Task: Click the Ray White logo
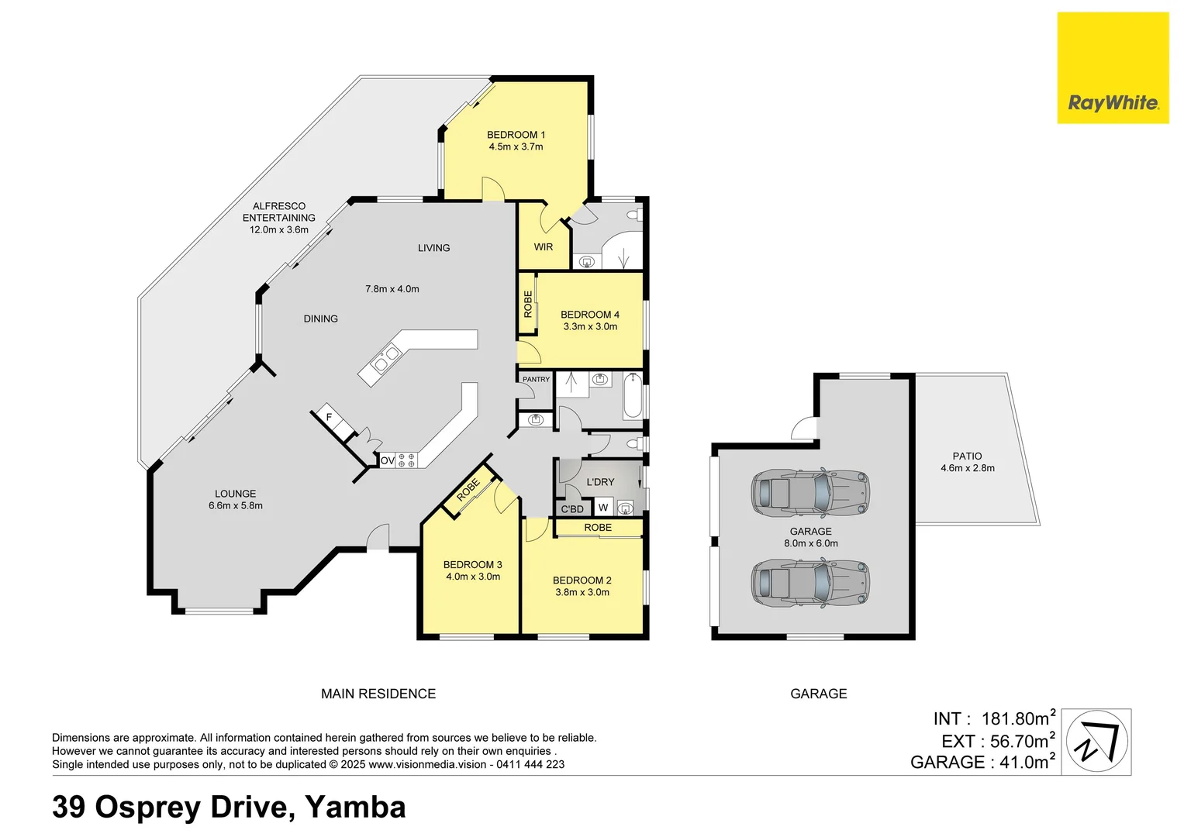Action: pos(1113,68)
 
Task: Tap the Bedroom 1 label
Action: pos(516,135)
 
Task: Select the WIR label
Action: pos(544,247)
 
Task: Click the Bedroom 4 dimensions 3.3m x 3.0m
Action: pos(590,327)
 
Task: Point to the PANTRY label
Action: pos(536,380)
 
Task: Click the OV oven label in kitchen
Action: pos(387,460)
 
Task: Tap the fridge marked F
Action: pos(329,418)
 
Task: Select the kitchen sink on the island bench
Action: pos(384,359)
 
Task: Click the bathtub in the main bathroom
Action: pos(633,395)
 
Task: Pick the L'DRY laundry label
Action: pos(600,482)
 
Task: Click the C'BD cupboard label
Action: pos(572,509)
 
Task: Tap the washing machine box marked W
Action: pos(603,508)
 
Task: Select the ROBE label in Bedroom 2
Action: pos(598,528)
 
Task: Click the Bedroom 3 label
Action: pos(472,565)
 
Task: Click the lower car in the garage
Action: pos(809,583)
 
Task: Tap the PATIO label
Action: pos(967,456)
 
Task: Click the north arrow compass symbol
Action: pos(1096,742)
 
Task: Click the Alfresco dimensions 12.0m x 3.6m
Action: pos(278,230)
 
